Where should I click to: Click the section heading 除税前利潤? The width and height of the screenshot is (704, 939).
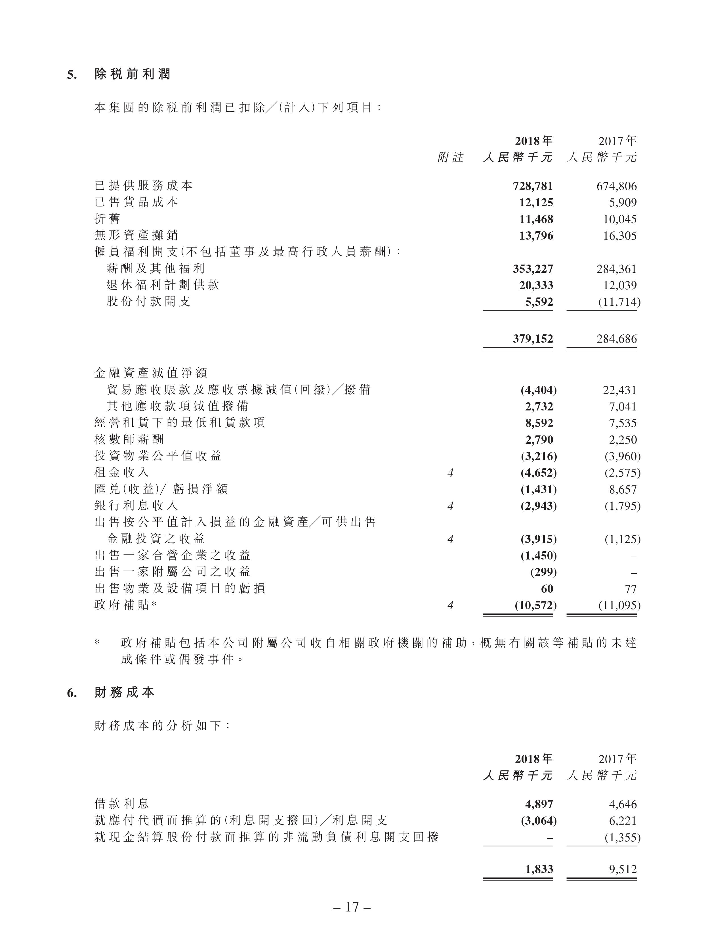pyautogui.click(x=132, y=75)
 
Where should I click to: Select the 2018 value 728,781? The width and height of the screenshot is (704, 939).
pyautogui.click(x=533, y=186)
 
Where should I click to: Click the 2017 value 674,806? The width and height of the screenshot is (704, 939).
pyautogui.click(x=617, y=186)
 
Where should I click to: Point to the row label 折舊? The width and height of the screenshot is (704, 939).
pyautogui.click(x=107, y=219)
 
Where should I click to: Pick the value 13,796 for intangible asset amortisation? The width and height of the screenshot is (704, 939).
pyautogui.click(x=536, y=236)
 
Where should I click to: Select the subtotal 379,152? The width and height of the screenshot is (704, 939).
pyautogui.click(x=533, y=339)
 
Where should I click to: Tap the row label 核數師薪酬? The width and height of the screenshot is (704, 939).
pyautogui.click(x=129, y=439)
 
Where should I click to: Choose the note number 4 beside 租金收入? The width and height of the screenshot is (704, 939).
pyautogui.click(x=450, y=472)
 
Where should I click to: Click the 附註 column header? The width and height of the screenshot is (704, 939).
pyautogui.click(x=450, y=158)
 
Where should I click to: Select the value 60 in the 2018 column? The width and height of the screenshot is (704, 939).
pyautogui.click(x=547, y=589)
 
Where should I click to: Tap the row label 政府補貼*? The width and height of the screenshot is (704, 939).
pyautogui.click(x=126, y=605)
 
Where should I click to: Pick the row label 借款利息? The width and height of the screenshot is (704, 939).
pyautogui.click(x=122, y=804)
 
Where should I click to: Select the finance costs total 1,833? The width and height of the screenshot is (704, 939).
pyautogui.click(x=539, y=869)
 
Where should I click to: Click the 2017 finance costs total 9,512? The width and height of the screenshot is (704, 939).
pyautogui.click(x=623, y=869)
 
